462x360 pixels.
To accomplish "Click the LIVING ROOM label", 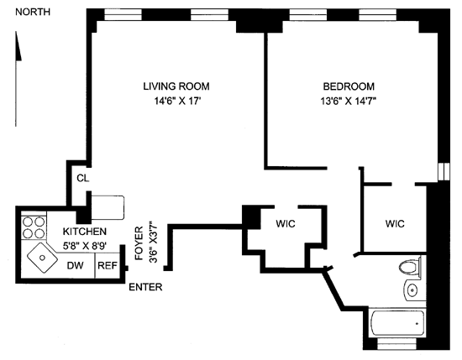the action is (x=176, y=86).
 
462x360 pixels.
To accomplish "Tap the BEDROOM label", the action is (x=349, y=86).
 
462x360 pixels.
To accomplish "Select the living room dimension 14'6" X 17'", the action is (x=177, y=102).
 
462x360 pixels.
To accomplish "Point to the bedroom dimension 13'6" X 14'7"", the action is (x=349, y=102).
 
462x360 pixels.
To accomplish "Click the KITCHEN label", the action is (x=85, y=232).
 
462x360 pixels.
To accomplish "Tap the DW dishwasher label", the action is (x=75, y=265).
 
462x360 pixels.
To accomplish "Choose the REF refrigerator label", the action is (x=108, y=265).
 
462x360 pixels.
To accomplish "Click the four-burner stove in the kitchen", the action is (x=34, y=227).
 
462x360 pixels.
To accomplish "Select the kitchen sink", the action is (x=43, y=258).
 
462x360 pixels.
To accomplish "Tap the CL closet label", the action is (x=83, y=178).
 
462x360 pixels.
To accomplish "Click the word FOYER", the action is (x=139, y=243).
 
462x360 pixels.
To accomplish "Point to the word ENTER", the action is (x=145, y=287).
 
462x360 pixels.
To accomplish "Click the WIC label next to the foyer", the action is (x=286, y=224).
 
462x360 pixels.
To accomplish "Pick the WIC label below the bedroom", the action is (x=395, y=224).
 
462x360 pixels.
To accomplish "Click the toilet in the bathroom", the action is (x=411, y=267).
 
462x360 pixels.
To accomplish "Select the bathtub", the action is (x=396, y=323).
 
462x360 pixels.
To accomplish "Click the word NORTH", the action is (x=33, y=12).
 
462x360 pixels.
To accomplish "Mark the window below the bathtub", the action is (x=396, y=344).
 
